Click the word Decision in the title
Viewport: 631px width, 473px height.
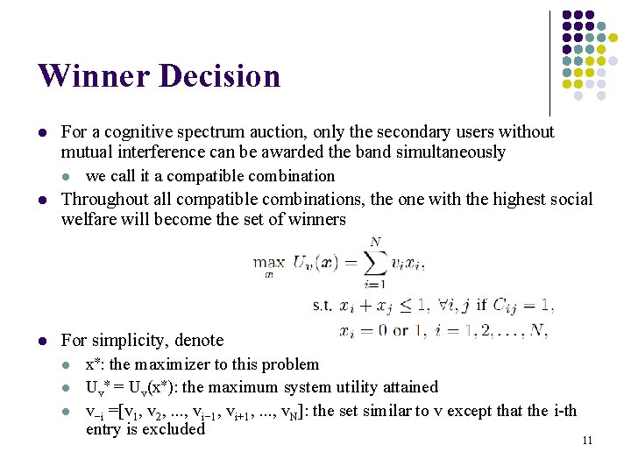pyautogui.click(x=220, y=76)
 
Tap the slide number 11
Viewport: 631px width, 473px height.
pyautogui.click(x=586, y=440)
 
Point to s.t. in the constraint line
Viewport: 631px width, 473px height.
pyautogui.click(x=323, y=306)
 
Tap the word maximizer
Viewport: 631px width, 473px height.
pyautogui.click(x=174, y=364)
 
